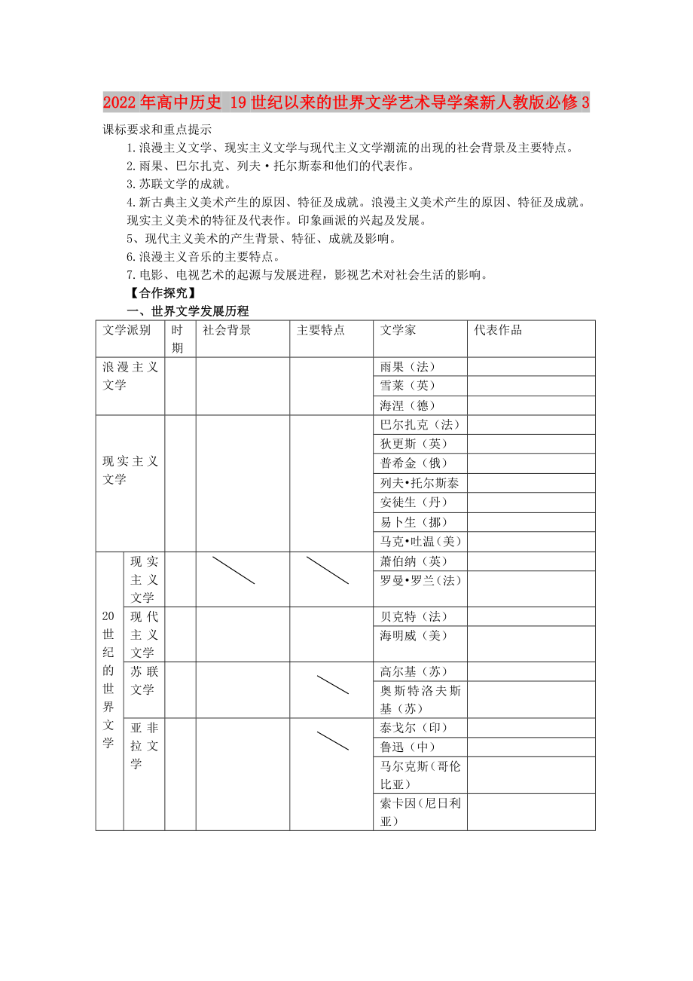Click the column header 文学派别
(127, 330)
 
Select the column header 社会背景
(227, 330)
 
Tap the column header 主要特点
(321, 330)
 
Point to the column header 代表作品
(498, 330)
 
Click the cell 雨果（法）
(408, 367)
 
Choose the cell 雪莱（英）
(408, 387)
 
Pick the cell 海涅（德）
(408, 406)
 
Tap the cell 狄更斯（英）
(414, 445)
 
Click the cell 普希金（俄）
(414, 463)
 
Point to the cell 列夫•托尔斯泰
(420, 483)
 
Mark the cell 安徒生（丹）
(414, 503)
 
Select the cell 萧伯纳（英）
(414, 561)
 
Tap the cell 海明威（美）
(414, 636)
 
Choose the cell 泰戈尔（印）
(414, 728)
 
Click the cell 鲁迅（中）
(408, 747)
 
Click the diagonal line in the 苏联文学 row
(332, 685)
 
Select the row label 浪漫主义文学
(130, 376)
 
